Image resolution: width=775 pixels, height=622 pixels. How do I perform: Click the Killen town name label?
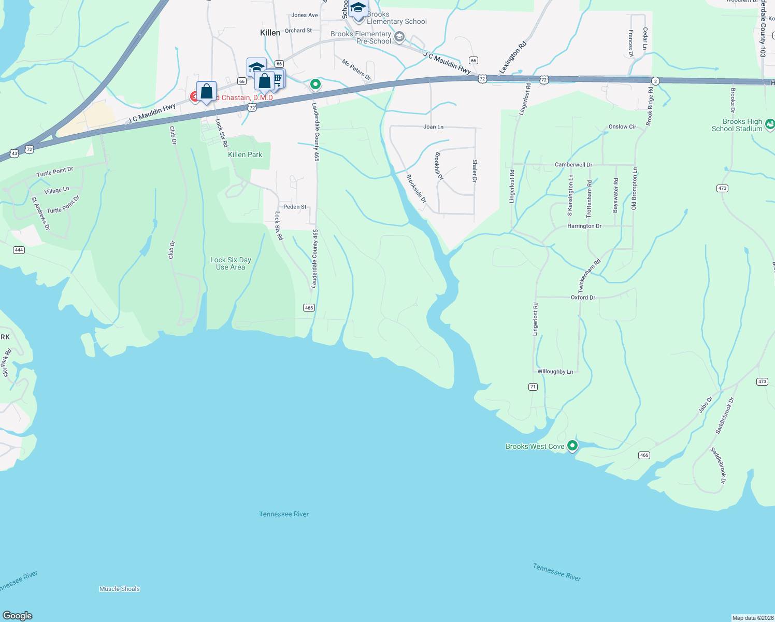tap(270, 33)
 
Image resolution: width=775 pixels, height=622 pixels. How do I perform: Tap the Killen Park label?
tap(245, 154)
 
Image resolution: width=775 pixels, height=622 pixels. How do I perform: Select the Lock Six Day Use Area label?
tap(231, 263)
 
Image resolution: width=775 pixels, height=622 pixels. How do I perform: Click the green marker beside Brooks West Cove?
tap(572, 445)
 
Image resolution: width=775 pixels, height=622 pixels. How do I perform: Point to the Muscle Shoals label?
tap(120, 589)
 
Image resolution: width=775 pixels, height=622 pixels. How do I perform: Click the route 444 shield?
tap(19, 250)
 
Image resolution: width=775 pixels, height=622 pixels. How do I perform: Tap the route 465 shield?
tap(309, 308)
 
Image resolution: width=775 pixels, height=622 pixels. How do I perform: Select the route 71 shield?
tap(533, 387)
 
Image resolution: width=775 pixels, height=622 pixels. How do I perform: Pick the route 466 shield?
tap(644, 455)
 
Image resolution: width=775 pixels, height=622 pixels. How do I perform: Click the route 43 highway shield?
tap(15, 153)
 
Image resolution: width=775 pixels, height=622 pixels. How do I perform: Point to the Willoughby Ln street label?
tap(555, 372)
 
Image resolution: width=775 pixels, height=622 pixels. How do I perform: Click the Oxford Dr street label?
tap(583, 298)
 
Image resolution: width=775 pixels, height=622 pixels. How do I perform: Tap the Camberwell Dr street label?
tap(573, 165)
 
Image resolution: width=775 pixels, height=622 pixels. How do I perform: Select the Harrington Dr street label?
tap(584, 226)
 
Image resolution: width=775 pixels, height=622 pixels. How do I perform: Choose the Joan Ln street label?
tap(434, 127)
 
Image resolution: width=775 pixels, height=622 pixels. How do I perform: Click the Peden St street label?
tap(295, 207)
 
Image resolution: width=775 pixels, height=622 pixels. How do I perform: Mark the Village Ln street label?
tap(57, 191)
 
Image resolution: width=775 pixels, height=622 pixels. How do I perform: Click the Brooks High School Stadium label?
tap(737, 125)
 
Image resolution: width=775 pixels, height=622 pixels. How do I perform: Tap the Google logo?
tap(18, 616)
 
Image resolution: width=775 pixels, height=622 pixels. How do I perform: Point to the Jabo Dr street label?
tap(706, 405)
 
